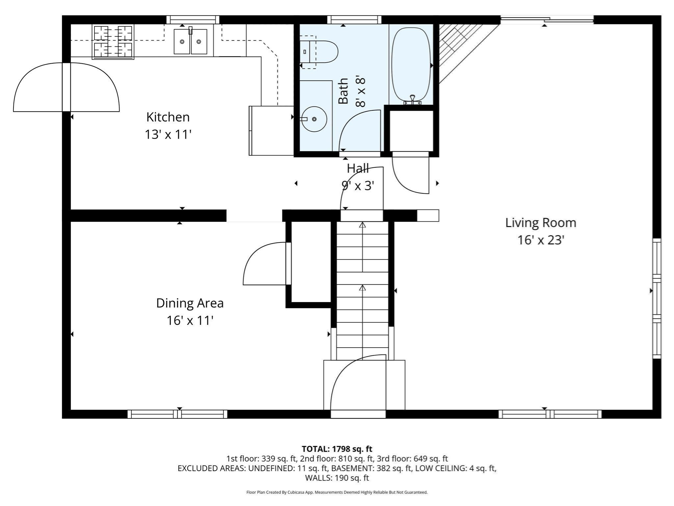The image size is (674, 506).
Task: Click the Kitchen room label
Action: click(x=168, y=117)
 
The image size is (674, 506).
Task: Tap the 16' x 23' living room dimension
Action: click(x=541, y=240)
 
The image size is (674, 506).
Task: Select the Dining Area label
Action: click(x=190, y=303)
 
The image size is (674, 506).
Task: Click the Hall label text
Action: click(x=358, y=169)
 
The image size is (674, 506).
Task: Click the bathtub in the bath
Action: click(x=411, y=64)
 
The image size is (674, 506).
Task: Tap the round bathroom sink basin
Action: click(x=314, y=119)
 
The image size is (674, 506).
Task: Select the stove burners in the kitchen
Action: click(x=113, y=42)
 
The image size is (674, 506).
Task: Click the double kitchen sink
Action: click(x=191, y=42)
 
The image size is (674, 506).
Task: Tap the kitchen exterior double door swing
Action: click(x=66, y=87)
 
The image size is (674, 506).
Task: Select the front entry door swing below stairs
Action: click(x=358, y=382)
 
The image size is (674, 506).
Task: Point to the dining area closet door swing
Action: click(x=265, y=264)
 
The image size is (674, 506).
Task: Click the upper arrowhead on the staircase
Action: click(x=362, y=225)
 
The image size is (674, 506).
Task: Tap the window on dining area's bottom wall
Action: click(x=177, y=414)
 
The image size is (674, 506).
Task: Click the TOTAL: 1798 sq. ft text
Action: click(x=337, y=449)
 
